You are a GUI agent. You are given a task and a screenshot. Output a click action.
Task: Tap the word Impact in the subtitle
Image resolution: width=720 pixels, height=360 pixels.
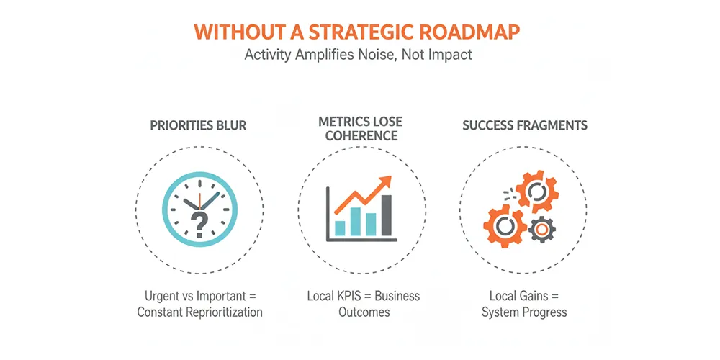coord(451,55)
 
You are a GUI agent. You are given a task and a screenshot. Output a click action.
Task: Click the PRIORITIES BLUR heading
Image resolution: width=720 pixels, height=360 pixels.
coord(198,125)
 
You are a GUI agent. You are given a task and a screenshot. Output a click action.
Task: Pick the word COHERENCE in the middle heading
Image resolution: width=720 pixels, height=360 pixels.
coord(361,136)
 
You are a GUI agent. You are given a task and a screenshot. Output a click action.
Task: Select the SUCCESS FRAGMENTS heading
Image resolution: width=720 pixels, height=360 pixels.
coord(524,125)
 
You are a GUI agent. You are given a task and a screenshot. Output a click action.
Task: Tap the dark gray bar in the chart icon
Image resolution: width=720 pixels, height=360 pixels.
coord(387,215)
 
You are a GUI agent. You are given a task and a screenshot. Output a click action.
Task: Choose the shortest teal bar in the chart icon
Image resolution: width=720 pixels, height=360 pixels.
coord(340,228)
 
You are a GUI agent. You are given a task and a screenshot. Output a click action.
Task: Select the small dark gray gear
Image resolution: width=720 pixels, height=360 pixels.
coord(542,229)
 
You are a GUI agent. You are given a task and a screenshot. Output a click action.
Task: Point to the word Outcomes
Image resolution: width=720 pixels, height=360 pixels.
coord(364,312)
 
